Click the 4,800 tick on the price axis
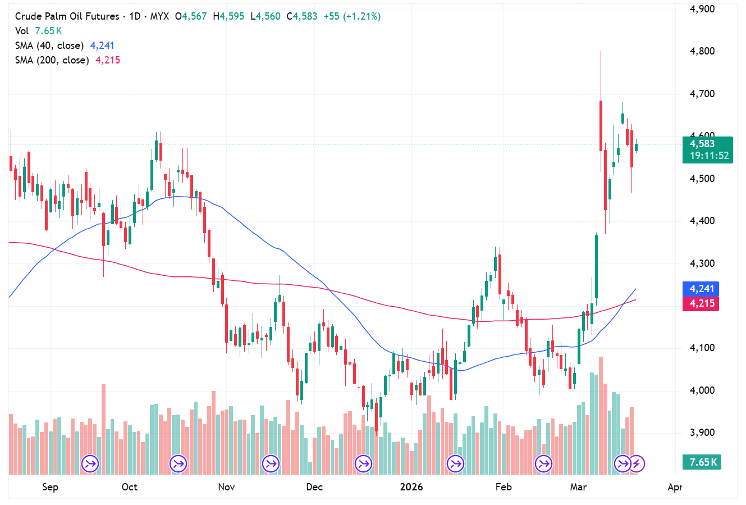pyautogui.click(x=702, y=52)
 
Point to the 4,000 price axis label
pyautogui.click(x=702, y=390)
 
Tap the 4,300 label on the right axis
pyautogui.click(x=702, y=263)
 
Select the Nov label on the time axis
pyautogui.click(x=226, y=487)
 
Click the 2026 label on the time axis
pyautogui.click(x=411, y=487)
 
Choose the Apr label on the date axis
pyautogui.click(x=675, y=487)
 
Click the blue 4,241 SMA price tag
pyautogui.click(x=702, y=289)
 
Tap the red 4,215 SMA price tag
pyautogui.click(x=702, y=303)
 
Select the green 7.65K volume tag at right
pyautogui.click(x=702, y=462)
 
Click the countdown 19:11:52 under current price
pyautogui.click(x=709, y=156)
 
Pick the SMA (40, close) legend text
pyautogui.click(x=49, y=46)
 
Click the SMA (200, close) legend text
pyautogui.click(x=52, y=60)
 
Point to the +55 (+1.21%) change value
pyautogui.click(x=352, y=16)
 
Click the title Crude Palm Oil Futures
pyautogui.click(x=67, y=16)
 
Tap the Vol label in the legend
pyautogui.click(x=22, y=31)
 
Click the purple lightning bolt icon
pyautogui.click(x=637, y=464)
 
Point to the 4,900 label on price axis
pyautogui.click(x=702, y=9)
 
